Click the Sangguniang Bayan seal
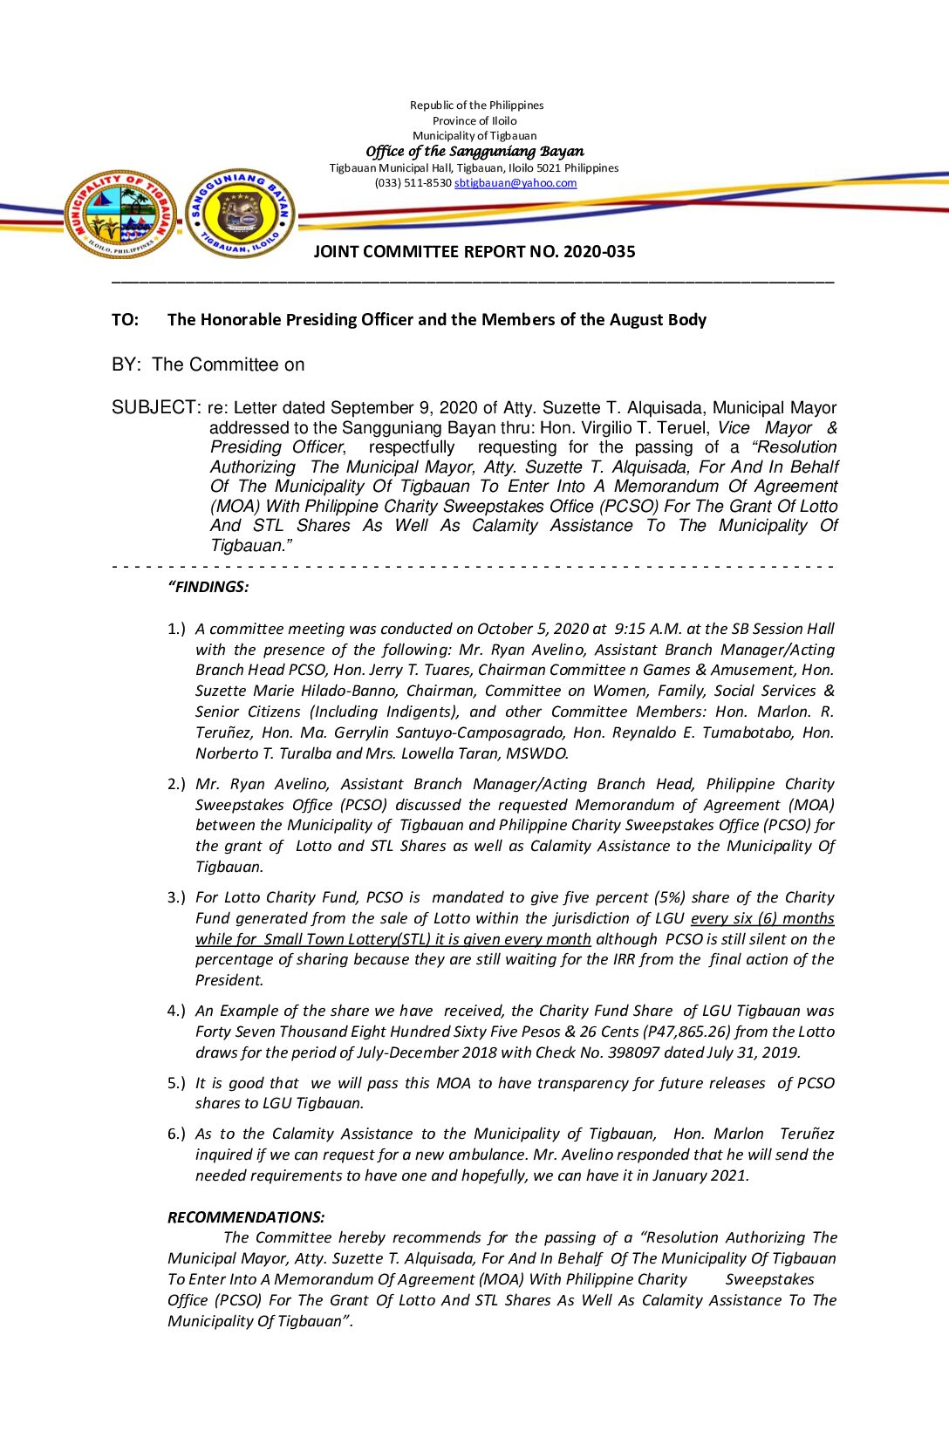coord(241,214)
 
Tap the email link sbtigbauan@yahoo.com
coord(515,183)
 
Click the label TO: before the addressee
coord(125,320)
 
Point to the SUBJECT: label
coord(156,408)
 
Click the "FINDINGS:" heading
coord(208,587)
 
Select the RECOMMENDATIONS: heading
coord(246,1217)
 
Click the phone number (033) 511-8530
coord(413,183)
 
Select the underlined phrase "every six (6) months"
coord(762,918)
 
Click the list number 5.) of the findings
coord(176,1083)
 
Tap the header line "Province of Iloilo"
coord(474,121)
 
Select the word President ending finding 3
coord(229,980)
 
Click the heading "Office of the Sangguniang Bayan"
coord(474,152)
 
